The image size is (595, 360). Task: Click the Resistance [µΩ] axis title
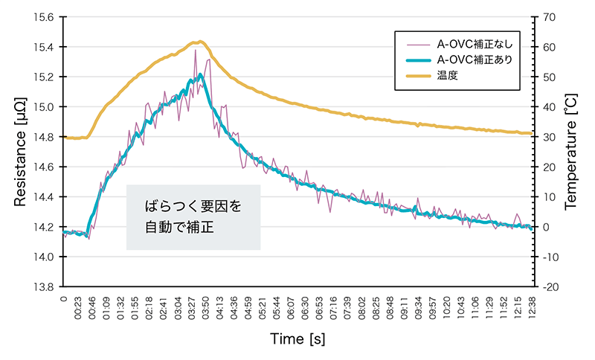pos(20,151)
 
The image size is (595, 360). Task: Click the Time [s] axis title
pos(297,339)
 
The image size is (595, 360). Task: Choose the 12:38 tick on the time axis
pos(530,307)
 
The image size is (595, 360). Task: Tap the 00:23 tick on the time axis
pos(79,307)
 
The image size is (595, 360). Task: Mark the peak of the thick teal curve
pos(201,74)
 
